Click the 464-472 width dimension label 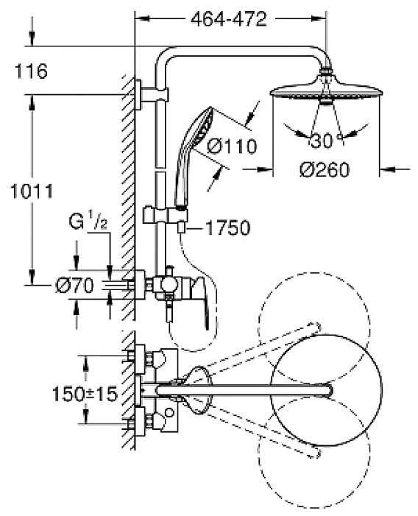click(229, 19)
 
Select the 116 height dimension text click(31, 71)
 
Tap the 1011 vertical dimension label click(32, 191)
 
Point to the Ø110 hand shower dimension click(232, 146)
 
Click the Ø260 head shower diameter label click(325, 170)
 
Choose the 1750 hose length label click(228, 227)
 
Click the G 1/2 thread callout click(88, 222)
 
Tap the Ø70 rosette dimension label click(74, 285)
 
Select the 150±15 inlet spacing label click(85, 394)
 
